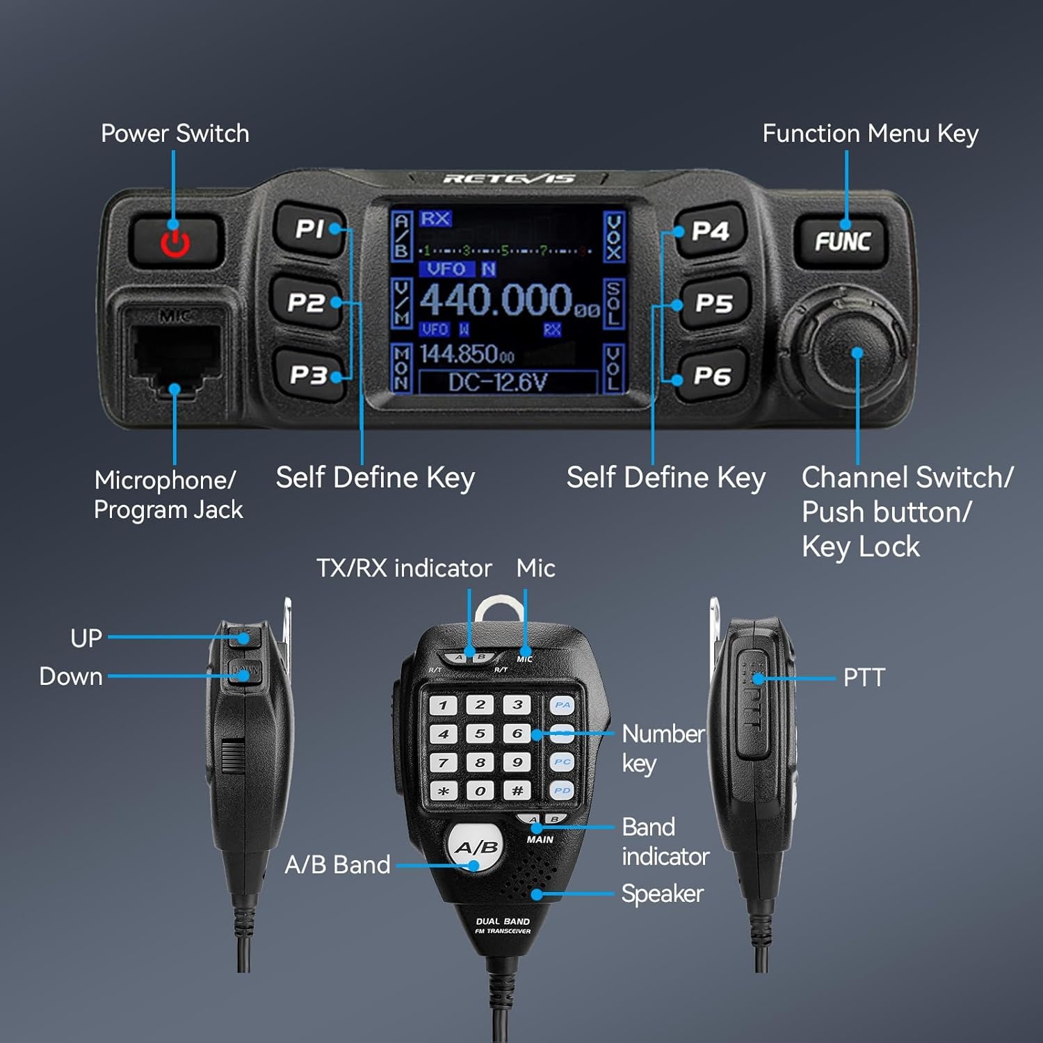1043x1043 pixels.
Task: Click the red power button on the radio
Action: point(175,241)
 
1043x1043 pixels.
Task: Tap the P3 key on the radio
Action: point(309,375)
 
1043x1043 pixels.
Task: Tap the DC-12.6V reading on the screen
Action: point(498,382)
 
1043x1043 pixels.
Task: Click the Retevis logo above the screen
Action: point(509,179)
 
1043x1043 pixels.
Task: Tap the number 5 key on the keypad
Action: point(480,734)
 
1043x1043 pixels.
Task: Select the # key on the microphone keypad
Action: point(517,791)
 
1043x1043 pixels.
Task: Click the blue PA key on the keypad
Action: point(562,705)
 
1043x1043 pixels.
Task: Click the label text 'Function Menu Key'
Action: point(870,133)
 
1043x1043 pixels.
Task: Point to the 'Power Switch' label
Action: point(175,133)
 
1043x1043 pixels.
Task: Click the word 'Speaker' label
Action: point(662,894)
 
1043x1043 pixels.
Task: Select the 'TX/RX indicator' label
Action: point(404,568)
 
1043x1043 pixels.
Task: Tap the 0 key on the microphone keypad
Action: point(480,791)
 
